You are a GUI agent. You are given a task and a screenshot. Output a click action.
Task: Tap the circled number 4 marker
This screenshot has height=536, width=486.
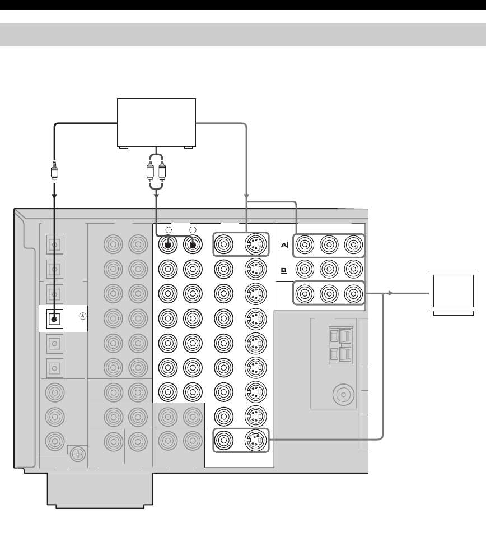point(82,316)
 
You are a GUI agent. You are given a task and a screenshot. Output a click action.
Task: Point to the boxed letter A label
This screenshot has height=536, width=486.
point(283,244)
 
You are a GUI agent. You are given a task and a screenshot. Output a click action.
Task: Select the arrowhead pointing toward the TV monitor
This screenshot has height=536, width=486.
point(390,293)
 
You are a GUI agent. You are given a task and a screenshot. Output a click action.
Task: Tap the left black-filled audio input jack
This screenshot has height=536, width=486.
point(168,244)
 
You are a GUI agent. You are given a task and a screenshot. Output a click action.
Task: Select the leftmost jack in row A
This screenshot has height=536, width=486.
point(305,244)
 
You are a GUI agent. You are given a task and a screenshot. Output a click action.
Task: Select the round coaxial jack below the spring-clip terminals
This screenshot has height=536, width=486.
point(341,395)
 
